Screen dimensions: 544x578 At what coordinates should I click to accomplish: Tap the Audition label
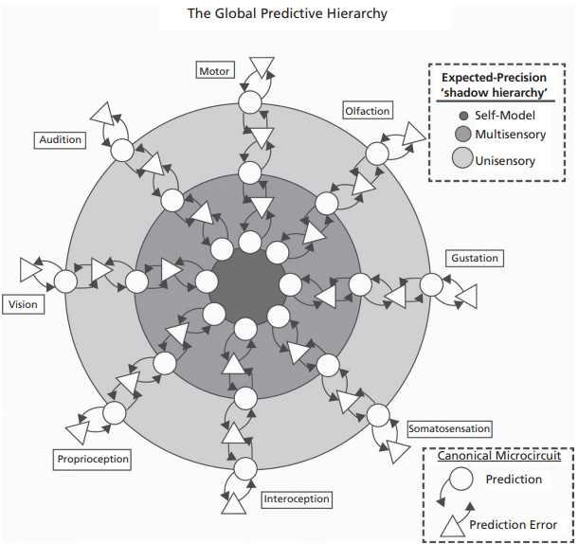(x=61, y=139)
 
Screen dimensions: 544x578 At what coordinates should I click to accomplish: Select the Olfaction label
(x=366, y=111)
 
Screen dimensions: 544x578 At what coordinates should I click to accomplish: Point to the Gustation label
(x=474, y=258)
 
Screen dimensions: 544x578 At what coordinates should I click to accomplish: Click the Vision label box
(x=23, y=304)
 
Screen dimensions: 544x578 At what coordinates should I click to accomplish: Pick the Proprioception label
(x=92, y=460)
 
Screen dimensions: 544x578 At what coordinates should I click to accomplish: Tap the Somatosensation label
(x=448, y=429)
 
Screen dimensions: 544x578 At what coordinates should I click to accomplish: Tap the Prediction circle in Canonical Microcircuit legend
(x=461, y=479)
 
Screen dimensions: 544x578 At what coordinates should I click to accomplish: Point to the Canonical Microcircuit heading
(x=498, y=456)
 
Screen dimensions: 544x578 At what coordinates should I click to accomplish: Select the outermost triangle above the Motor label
(x=262, y=65)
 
